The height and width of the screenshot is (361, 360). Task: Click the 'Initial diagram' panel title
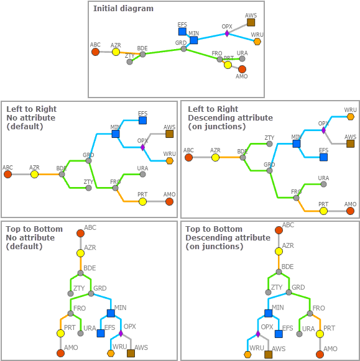pyautogui.click(x=123, y=9)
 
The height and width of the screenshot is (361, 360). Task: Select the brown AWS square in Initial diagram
pyautogui.click(x=251, y=22)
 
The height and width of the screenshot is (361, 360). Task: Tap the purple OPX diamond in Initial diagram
pyautogui.click(x=227, y=34)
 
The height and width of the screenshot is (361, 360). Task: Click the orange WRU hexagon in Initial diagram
pyautogui.click(x=257, y=42)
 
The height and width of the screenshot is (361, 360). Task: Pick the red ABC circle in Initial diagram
pyautogui.click(x=95, y=52)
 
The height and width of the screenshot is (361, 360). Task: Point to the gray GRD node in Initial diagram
pyautogui.click(x=183, y=49)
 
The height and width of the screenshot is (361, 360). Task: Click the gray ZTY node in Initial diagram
pyautogui.click(x=130, y=62)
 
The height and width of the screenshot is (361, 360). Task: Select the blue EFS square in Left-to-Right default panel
pyautogui.click(x=142, y=121)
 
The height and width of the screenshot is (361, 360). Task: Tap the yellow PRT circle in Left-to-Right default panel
pyautogui.click(x=142, y=202)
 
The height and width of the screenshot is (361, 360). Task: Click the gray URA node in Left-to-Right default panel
pyautogui.click(x=142, y=175)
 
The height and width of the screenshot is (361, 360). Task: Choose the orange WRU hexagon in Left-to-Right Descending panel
pyautogui.click(x=350, y=117)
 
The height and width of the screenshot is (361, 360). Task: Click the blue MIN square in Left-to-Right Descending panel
pyautogui.click(x=297, y=144)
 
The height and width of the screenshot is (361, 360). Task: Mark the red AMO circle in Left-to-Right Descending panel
pyautogui.click(x=350, y=211)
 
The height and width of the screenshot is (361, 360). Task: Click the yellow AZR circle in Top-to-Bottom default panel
pyautogui.click(x=80, y=254)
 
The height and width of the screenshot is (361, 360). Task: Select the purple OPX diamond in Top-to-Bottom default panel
pyautogui.click(x=121, y=334)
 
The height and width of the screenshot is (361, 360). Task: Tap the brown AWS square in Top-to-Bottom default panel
pyautogui.click(x=131, y=353)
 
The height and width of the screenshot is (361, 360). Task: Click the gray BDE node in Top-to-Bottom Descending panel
pyautogui.click(x=279, y=272)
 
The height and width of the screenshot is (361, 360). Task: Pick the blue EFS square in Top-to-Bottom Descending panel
pyautogui.click(x=279, y=334)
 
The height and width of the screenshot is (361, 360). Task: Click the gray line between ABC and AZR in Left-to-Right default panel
pyautogui.click(x=21, y=174)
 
